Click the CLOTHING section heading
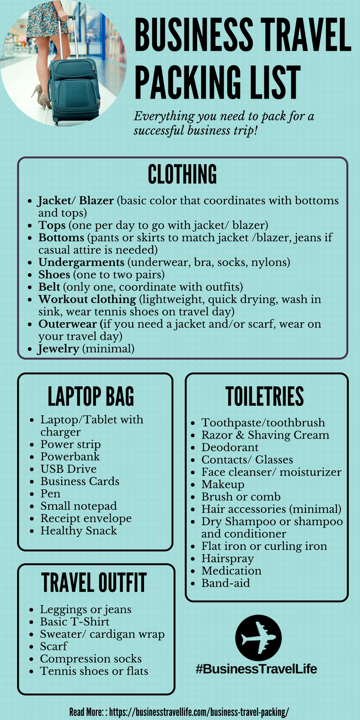[182, 174]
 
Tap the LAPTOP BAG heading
[91, 396]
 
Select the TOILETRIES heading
[265, 396]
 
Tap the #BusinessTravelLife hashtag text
[256, 669]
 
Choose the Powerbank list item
[70, 457]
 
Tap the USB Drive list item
[68, 469]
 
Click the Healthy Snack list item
[79, 531]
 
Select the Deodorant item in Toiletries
[230, 447]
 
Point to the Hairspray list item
[227, 559]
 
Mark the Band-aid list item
[226, 583]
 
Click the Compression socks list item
[91, 659]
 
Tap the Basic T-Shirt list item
[75, 622]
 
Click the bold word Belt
[50, 287]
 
